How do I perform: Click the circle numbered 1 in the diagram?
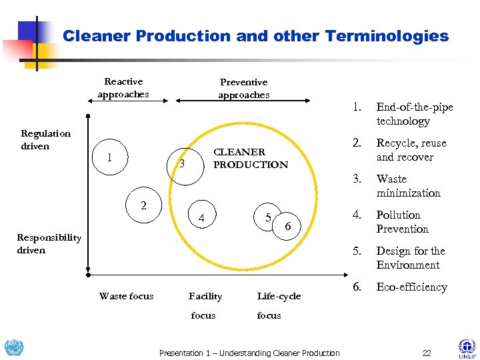coord(109,158)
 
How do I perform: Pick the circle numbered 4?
coord(202,217)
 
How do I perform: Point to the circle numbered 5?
coord(268,217)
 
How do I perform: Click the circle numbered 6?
coord(287,227)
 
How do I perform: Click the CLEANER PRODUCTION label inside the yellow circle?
coord(250,158)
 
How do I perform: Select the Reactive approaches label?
coord(123,88)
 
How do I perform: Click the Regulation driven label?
coord(45,139)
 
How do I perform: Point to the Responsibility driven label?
coord(49,243)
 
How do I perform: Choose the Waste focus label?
coord(126,296)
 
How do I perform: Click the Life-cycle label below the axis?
coord(279,296)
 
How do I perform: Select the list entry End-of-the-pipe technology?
coord(414,114)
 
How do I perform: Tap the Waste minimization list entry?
coord(408,186)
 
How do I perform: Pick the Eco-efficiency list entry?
coord(411,287)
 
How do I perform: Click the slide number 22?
coord(427,353)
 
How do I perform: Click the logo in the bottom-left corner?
coord(13,347)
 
